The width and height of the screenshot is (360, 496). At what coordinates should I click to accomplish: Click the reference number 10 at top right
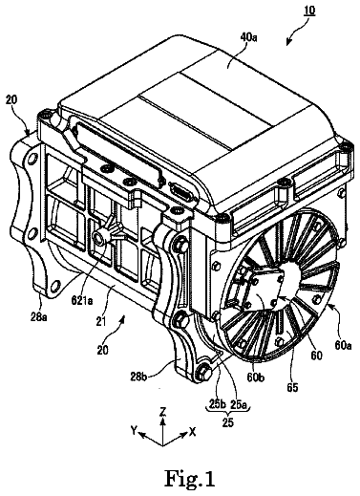(308, 11)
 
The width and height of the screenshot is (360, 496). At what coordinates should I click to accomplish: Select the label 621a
(82, 300)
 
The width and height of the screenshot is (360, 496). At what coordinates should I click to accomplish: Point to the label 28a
(40, 317)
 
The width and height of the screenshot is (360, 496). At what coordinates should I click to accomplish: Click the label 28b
(138, 376)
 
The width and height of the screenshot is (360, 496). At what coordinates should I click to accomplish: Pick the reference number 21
(101, 321)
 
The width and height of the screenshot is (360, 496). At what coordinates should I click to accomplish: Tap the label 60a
(343, 345)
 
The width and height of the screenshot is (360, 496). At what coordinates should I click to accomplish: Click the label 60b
(256, 377)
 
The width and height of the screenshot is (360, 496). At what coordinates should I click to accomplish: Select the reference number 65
(292, 387)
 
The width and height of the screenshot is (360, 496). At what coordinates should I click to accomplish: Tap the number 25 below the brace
(228, 422)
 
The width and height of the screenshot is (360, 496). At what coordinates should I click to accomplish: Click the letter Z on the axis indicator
(162, 413)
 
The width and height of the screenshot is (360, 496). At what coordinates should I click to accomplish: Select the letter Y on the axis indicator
(134, 430)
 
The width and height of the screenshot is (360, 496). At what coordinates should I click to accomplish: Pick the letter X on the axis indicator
(192, 432)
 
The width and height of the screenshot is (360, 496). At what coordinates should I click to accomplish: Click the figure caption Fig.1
(190, 478)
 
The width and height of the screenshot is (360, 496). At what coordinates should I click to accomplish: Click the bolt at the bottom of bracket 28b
(202, 373)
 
